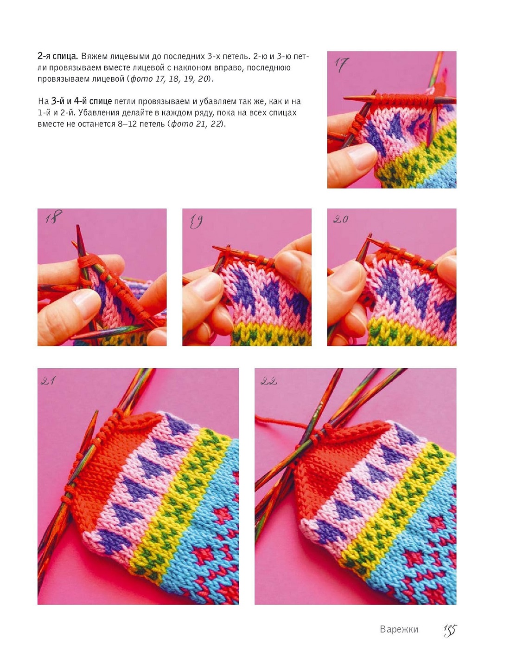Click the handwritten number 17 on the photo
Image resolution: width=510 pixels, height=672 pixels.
[341, 65]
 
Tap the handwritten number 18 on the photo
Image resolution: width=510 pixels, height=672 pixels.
[53, 216]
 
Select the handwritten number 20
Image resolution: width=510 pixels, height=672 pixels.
[341, 219]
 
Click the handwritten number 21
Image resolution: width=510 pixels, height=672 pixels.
[48, 380]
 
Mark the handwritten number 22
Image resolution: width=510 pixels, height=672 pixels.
[269, 381]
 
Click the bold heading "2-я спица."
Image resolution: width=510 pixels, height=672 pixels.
[58, 56]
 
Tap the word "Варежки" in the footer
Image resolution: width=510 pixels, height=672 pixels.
[399, 629]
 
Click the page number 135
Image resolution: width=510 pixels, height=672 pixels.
[450, 630]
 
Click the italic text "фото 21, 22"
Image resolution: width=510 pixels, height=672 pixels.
[196, 124]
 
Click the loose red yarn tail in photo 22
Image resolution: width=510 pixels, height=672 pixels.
[281, 421]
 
